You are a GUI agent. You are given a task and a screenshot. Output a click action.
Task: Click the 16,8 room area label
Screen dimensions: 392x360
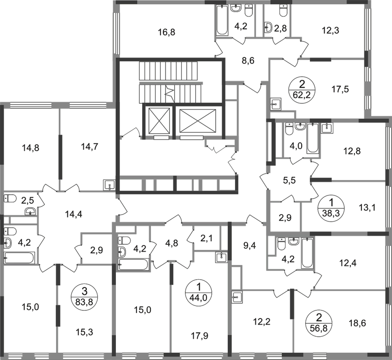click(x=167, y=32)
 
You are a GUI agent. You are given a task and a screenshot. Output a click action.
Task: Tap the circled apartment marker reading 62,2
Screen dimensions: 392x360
click(x=302, y=89)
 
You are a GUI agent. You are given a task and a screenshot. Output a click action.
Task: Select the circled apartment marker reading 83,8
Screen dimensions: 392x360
click(x=85, y=297)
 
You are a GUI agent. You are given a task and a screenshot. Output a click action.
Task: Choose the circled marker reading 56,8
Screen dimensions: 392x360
click(x=319, y=322)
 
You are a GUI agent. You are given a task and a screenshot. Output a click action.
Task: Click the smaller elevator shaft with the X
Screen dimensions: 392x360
click(x=159, y=121)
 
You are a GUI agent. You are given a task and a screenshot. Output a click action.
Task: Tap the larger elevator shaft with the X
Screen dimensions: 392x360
click(x=198, y=121)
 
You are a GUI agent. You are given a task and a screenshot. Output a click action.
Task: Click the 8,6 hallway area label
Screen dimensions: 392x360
click(x=248, y=60)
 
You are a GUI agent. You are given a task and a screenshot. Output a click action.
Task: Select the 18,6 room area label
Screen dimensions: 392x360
click(x=357, y=323)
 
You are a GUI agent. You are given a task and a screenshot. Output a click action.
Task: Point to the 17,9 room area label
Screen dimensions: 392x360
click(x=199, y=336)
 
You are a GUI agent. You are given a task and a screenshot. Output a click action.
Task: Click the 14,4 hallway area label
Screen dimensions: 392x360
click(x=73, y=214)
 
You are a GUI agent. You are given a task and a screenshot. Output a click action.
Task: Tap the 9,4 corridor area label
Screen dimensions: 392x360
click(x=250, y=246)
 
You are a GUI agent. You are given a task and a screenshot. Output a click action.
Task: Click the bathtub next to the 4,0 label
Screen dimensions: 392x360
click(x=312, y=138)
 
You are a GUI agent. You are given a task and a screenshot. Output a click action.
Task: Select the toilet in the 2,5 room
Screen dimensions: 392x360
click(x=10, y=199)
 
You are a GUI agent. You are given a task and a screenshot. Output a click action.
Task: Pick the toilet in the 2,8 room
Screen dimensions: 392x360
click(x=283, y=11)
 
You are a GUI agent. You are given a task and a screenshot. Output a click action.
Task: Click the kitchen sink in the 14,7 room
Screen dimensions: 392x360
click(x=109, y=185)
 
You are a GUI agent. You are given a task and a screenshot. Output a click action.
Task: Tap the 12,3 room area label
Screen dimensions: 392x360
click(x=330, y=31)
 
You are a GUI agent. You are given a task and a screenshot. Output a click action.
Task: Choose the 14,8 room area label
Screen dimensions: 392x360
click(x=31, y=148)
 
